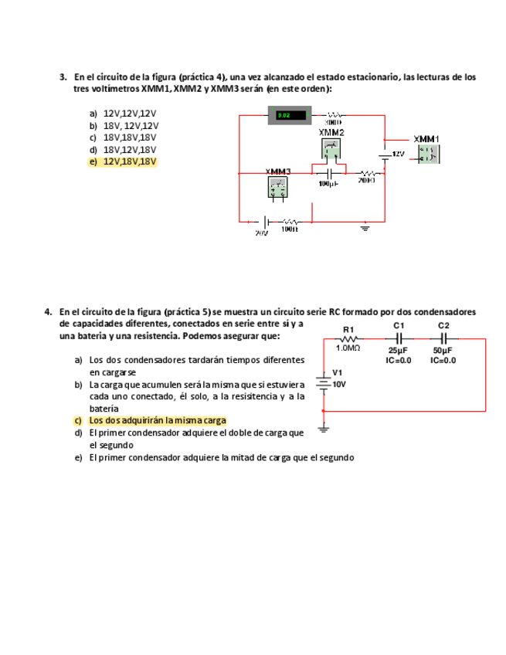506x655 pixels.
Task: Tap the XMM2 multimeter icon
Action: pyautogui.click(x=330, y=149)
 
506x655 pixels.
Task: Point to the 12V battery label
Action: pyautogui.click(x=397, y=154)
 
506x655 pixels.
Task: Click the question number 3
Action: pyautogui.click(x=63, y=77)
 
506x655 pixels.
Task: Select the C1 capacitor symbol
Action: pyautogui.click(x=399, y=338)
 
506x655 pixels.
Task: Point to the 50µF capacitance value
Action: pyautogui.click(x=443, y=351)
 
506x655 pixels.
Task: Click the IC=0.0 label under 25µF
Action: pyautogui.click(x=399, y=359)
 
